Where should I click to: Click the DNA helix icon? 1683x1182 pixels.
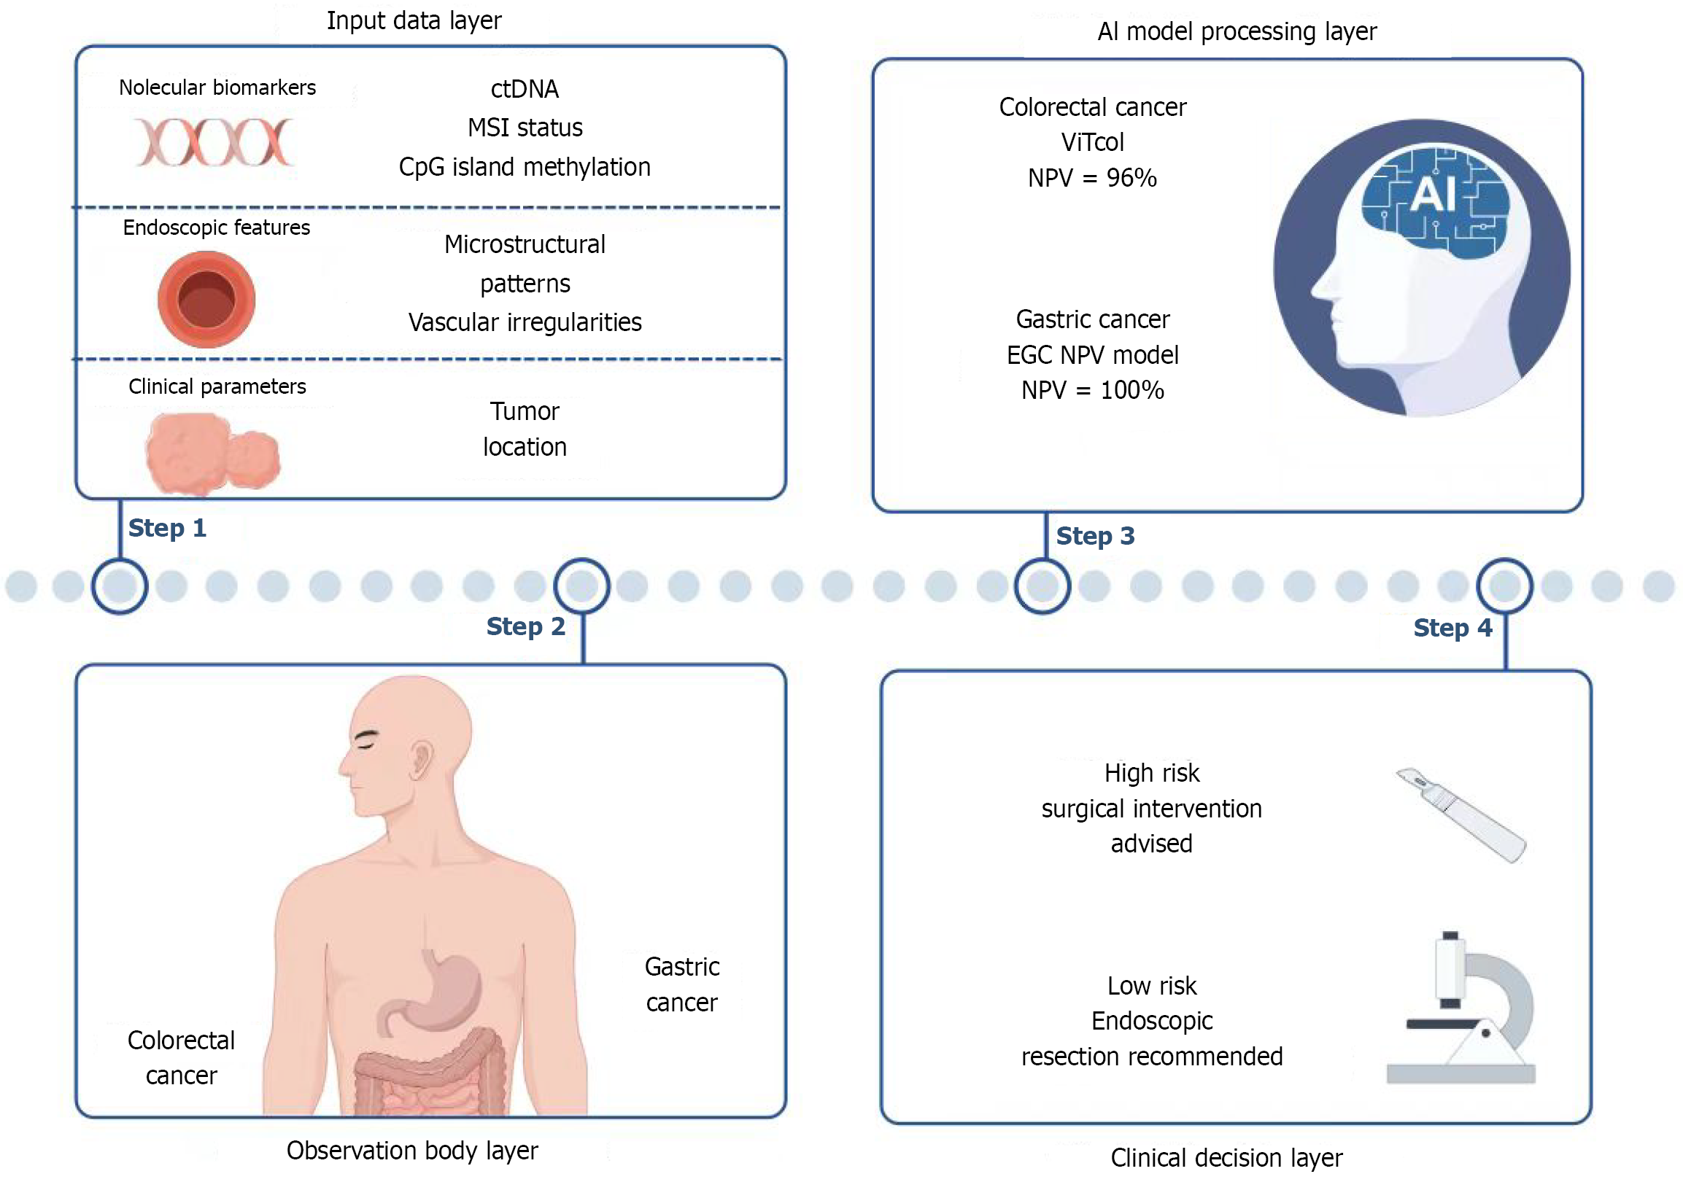(214, 142)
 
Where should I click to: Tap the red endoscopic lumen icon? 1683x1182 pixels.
(206, 299)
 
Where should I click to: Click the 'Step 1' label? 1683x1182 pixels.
(167, 529)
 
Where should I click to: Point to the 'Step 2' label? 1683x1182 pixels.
(525, 627)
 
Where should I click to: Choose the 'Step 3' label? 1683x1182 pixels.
(1095, 537)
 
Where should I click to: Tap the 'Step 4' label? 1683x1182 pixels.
(1452, 629)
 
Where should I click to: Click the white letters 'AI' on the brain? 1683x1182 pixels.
(1432, 195)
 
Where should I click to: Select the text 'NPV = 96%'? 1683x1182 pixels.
(1092, 178)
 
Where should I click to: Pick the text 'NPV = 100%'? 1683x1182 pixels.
(1092, 391)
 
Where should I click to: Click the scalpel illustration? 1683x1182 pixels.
(1460, 814)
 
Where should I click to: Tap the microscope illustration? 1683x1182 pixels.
(1463, 1011)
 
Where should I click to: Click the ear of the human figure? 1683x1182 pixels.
(421, 759)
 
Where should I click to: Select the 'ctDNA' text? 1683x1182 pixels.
(525, 90)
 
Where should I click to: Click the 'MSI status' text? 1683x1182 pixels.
(525, 128)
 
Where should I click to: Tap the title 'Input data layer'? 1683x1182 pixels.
(414, 20)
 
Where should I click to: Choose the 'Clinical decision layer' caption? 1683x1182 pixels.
(1226, 1159)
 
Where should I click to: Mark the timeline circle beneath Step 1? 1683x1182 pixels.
(120, 586)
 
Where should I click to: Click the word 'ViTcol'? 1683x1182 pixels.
(1092, 142)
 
